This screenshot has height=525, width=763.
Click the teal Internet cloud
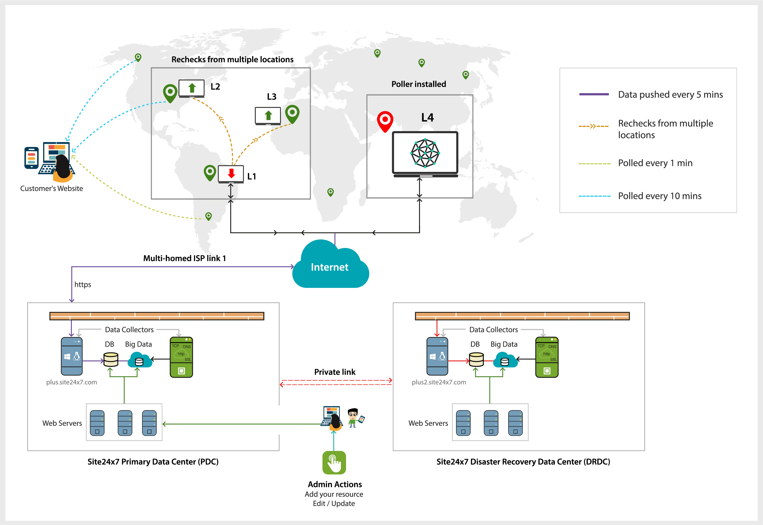tap(330, 267)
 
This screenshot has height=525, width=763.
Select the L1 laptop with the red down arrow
tap(231, 174)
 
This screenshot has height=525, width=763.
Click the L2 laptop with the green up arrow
tap(191, 88)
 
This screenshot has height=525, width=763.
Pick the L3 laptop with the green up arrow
tap(268, 116)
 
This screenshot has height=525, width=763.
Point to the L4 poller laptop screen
tap(425, 153)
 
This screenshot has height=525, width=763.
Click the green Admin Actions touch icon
tap(334, 462)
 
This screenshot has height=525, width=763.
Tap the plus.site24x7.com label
tap(71, 382)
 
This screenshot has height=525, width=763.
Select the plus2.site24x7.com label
tap(439, 382)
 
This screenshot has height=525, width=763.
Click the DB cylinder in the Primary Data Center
tap(111, 360)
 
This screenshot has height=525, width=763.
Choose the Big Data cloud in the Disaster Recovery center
tap(505, 360)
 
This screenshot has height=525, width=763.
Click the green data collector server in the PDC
tap(181, 357)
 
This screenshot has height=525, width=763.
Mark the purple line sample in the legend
tap(594, 95)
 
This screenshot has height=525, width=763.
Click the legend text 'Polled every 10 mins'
tap(660, 196)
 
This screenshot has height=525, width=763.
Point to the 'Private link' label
tap(335, 372)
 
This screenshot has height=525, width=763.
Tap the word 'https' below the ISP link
tap(83, 285)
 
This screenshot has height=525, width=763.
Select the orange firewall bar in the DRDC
tap(522, 316)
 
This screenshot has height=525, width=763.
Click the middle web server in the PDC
tap(125, 423)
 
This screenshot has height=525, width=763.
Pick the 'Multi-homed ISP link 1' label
tap(184, 258)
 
